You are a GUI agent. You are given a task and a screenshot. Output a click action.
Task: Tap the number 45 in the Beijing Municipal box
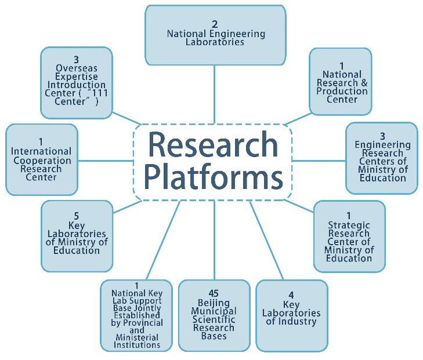click(214, 293)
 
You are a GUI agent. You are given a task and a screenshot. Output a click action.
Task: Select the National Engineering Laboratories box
click(215, 35)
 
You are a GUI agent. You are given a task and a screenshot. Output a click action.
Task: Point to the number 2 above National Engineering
click(215, 24)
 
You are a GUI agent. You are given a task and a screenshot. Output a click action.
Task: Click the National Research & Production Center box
click(340, 82)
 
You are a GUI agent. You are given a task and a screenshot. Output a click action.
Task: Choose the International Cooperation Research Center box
click(41, 159)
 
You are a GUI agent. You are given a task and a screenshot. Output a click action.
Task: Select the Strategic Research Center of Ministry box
click(349, 236)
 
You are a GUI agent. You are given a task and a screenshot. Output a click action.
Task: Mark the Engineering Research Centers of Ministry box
click(381, 158)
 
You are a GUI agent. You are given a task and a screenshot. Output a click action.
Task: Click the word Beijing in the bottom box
click(214, 303)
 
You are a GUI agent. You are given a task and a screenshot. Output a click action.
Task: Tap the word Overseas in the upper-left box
click(76, 68)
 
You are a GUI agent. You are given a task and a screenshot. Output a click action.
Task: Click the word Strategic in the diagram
click(349, 225)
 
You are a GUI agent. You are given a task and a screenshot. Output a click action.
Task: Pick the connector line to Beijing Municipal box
click(215, 240)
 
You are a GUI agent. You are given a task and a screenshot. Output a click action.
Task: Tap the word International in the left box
click(41, 151)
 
